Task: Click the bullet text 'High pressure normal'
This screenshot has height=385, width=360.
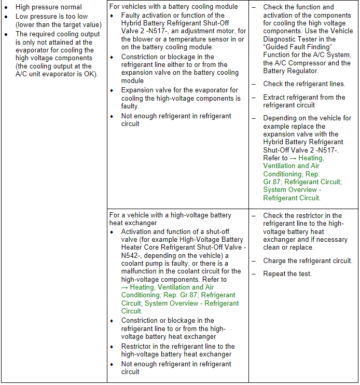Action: coord(49,7)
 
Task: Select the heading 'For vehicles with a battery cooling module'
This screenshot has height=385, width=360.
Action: coord(174,7)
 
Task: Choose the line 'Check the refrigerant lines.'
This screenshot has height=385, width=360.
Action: coord(304,84)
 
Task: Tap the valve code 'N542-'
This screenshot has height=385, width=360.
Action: coord(132,255)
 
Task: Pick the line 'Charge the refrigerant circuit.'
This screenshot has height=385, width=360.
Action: coord(308,261)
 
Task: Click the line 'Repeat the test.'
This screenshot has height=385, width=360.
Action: coord(287,273)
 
